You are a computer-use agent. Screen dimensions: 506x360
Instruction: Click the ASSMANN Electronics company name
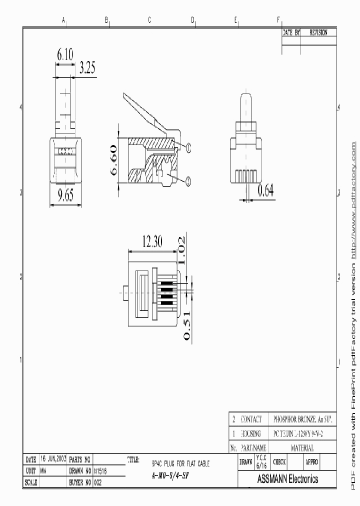(x=287, y=479)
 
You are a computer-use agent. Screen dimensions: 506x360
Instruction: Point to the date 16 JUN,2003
(x=53, y=458)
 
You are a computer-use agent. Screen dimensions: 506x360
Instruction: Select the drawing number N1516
(x=100, y=470)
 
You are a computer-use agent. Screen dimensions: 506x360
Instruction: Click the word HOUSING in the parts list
(x=250, y=433)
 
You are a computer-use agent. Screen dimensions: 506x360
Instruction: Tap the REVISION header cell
(x=318, y=32)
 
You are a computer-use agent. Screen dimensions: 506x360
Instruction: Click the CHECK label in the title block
(x=279, y=462)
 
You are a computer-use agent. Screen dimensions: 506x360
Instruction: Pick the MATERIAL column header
(x=303, y=447)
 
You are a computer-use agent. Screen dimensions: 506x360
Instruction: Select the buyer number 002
(x=98, y=482)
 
